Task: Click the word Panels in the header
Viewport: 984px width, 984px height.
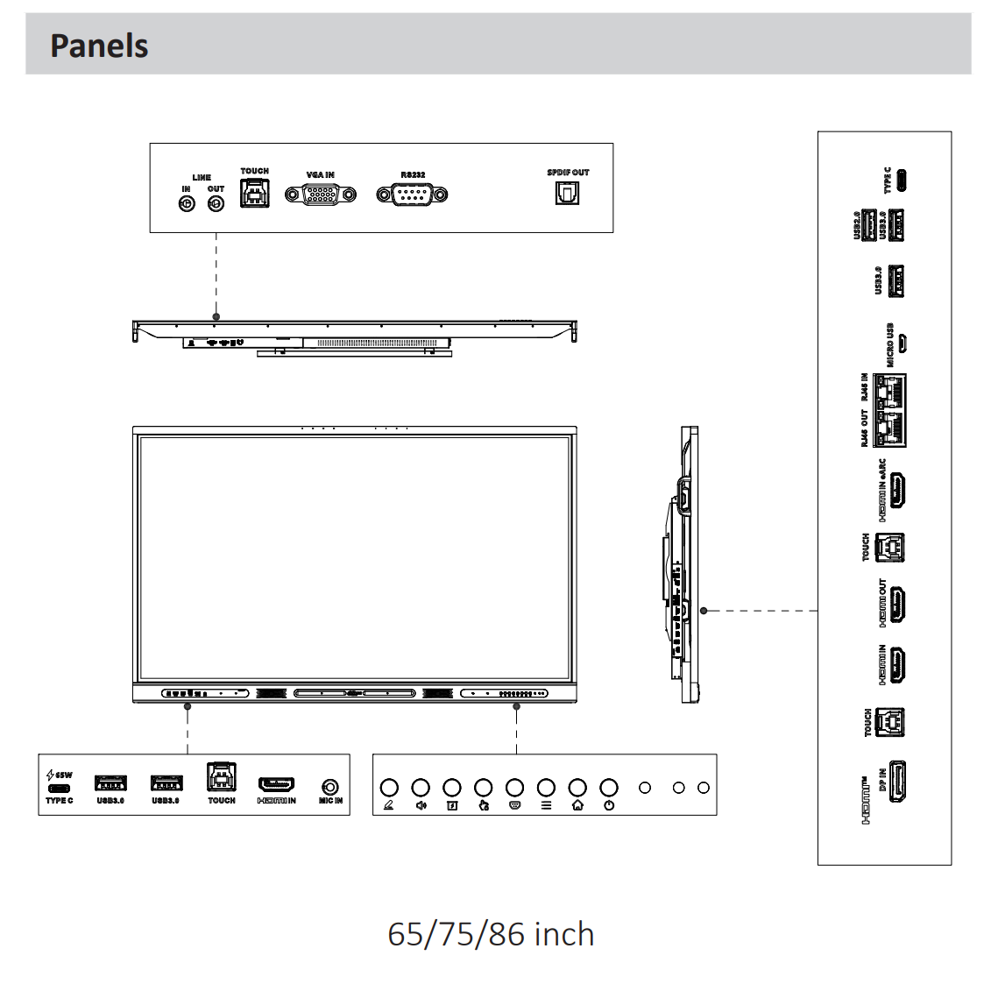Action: [99, 46]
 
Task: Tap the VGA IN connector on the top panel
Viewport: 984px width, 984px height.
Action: [321, 195]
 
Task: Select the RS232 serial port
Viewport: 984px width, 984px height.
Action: [412, 195]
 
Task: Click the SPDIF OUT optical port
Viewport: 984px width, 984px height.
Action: [567, 194]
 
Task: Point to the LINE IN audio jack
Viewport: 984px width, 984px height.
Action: [187, 203]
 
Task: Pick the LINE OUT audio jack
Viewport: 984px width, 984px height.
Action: [216, 203]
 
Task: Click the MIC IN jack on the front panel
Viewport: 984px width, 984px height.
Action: [330, 787]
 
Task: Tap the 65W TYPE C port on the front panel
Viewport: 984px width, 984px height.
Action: [60, 788]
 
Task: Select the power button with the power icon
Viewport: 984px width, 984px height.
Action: [609, 788]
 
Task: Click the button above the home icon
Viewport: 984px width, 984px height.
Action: [577, 788]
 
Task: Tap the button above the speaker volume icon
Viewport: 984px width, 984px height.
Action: [421, 788]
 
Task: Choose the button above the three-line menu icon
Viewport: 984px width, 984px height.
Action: [546, 788]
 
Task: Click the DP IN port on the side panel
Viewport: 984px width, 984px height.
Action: [897, 782]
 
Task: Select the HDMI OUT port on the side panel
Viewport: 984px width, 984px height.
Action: [897, 605]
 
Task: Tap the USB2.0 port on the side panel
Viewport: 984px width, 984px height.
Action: [869, 225]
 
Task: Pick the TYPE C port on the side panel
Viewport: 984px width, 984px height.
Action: [901, 181]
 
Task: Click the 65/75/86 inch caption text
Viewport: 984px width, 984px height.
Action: [491, 934]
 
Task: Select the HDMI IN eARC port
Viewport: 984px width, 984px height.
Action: [897, 492]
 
